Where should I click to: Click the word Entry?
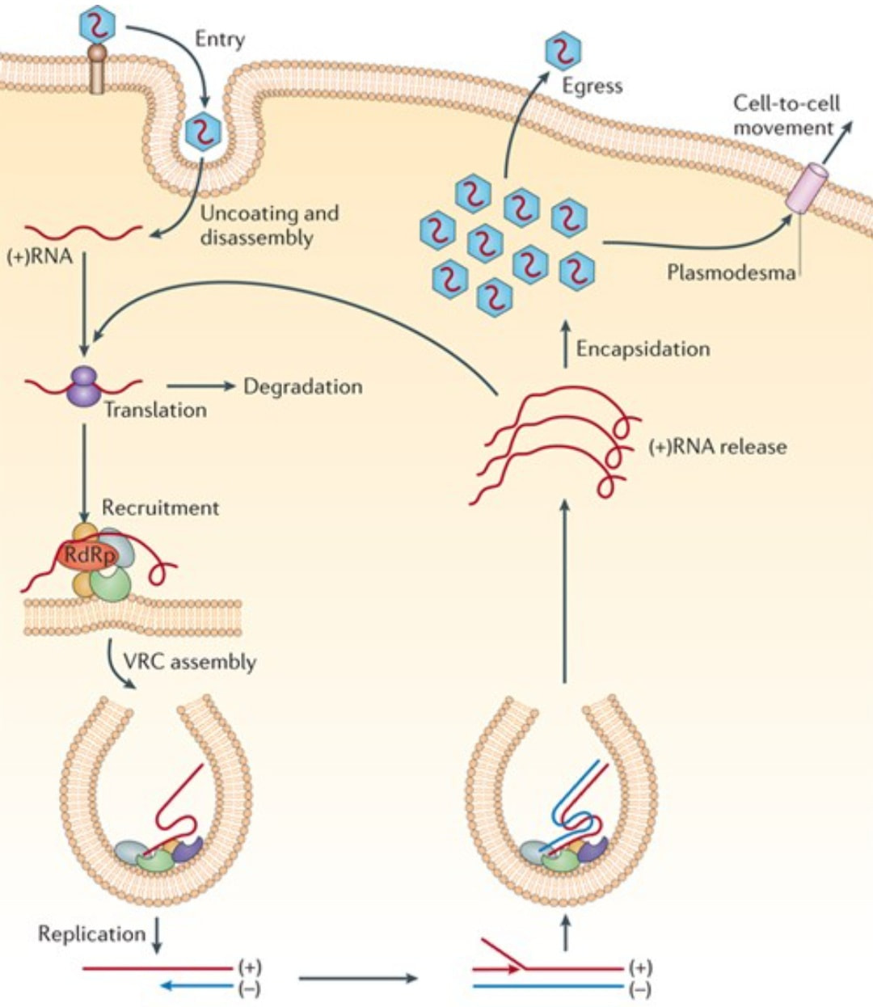click(219, 39)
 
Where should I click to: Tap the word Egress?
click(593, 86)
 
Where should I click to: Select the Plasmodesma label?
click(731, 272)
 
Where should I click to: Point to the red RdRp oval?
click(86, 555)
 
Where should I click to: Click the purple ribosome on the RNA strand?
click(84, 386)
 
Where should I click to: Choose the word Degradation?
click(303, 386)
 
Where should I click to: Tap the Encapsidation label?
click(643, 349)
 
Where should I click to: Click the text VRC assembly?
click(189, 662)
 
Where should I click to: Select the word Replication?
click(91, 934)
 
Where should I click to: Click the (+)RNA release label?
click(717, 447)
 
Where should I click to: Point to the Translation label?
click(155, 410)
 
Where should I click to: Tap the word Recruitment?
click(160, 508)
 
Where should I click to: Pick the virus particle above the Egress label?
click(563, 50)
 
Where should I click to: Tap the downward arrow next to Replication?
click(158, 936)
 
